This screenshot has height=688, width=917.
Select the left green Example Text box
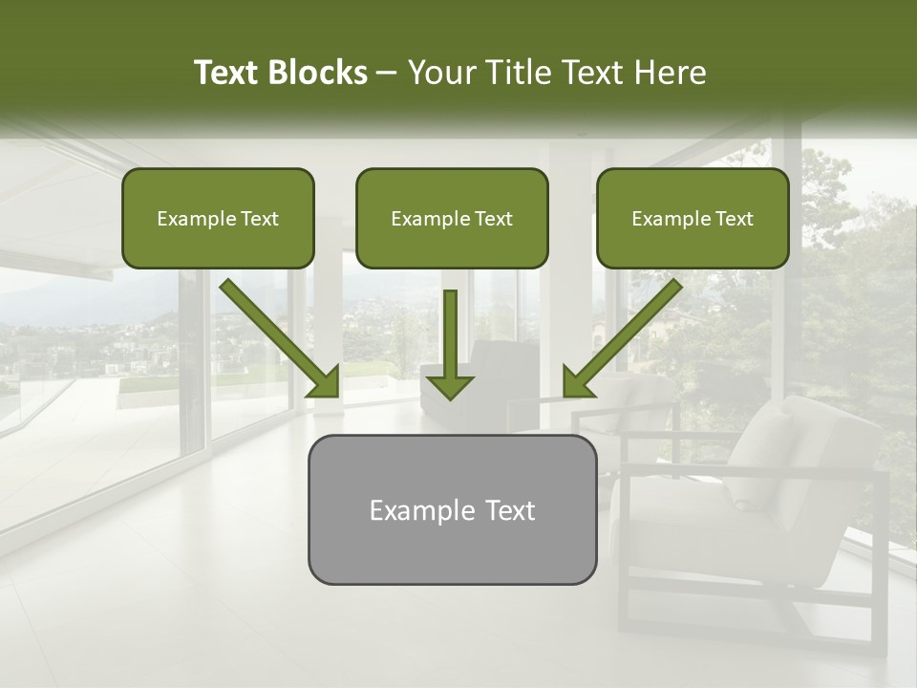(x=218, y=218)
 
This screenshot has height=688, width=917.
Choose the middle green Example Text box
(x=452, y=218)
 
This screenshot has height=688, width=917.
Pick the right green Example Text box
(x=693, y=218)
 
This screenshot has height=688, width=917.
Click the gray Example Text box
(x=452, y=509)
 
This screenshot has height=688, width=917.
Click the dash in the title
(x=387, y=74)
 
